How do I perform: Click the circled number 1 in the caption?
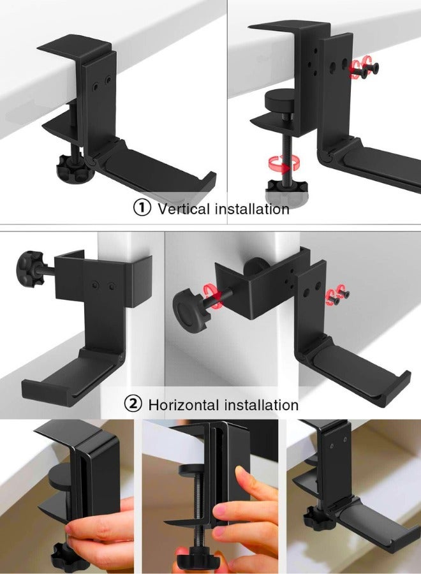(142, 208)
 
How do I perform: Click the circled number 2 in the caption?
(133, 404)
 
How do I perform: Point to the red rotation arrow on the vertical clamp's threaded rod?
(279, 166)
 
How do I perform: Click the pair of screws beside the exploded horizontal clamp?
(339, 293)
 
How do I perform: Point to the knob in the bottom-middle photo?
(196, 560)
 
